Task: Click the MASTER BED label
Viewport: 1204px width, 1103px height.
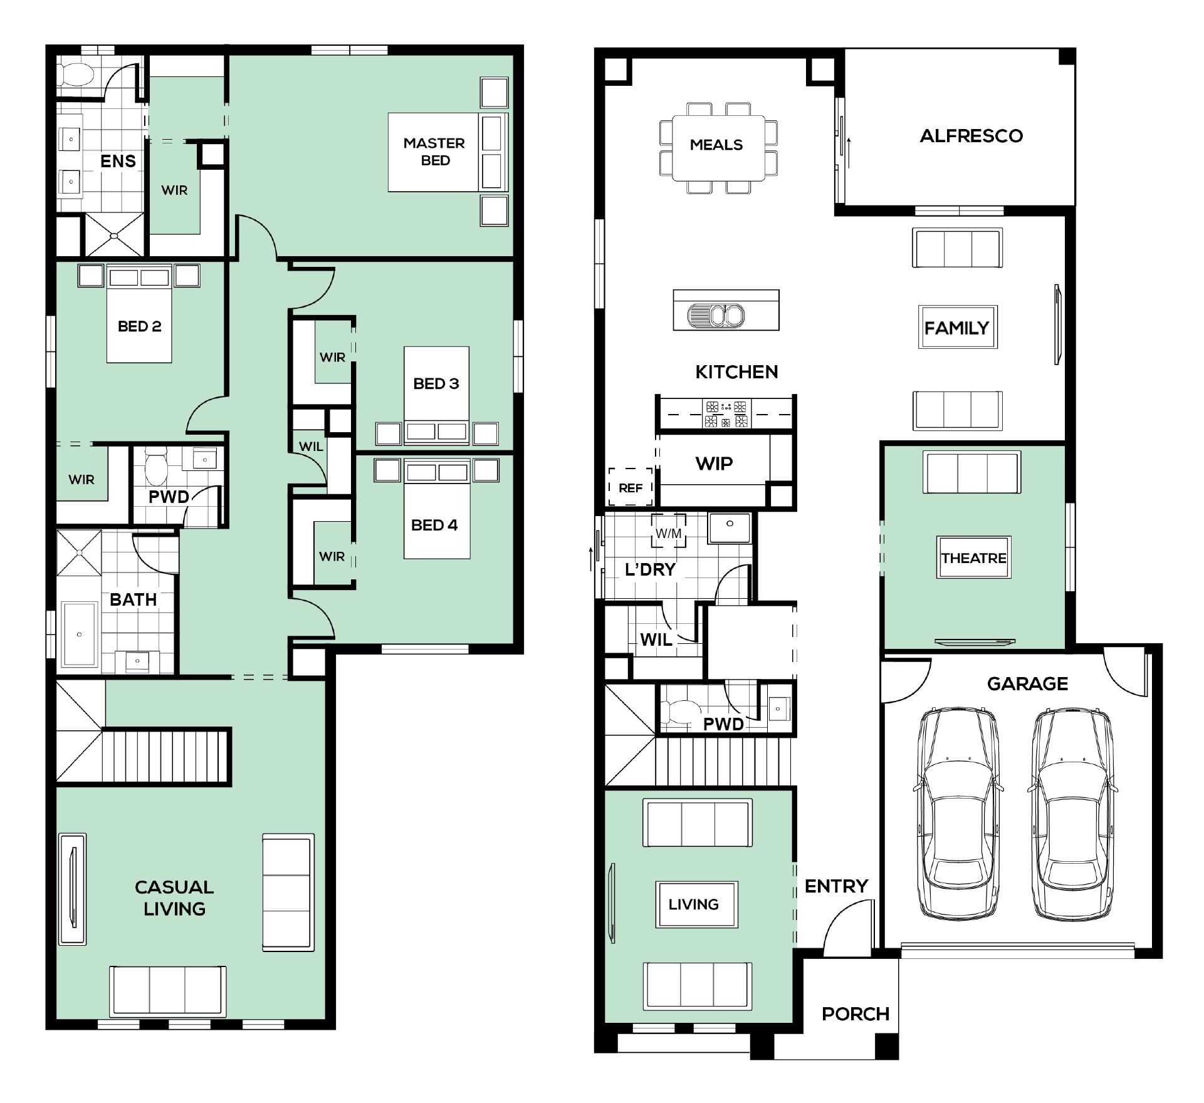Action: tap(434, 152)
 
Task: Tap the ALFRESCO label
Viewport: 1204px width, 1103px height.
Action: tap(971, 136)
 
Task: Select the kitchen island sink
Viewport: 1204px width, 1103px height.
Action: tap(716, 315)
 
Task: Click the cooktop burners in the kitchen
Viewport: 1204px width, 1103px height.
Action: tap(726, 413)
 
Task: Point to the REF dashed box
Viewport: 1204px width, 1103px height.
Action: tap(631, 487)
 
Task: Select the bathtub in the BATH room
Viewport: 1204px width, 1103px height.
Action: tap(80, 634)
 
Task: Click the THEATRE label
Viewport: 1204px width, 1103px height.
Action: tap(973, 558)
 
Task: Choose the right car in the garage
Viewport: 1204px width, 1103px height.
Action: tap(1072, 814)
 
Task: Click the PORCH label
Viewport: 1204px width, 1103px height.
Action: tap(856, 1014)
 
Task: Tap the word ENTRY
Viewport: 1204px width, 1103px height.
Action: tap(836, 886)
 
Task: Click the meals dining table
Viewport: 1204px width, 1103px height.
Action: tap(718, 148)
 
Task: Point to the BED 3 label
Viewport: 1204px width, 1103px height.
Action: tap(436, 383)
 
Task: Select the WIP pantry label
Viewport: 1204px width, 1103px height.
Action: tap(714, 463)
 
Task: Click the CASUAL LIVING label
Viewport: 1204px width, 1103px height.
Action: tap(174, 898)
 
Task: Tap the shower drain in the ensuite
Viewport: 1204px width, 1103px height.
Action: tap(114, 236)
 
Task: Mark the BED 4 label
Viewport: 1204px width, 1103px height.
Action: tap(434, 525)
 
